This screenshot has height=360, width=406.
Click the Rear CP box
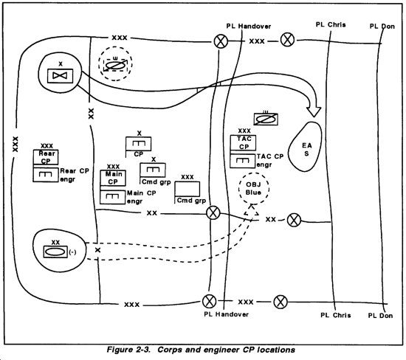pos(46,157)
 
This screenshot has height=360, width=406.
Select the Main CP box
pos(113,178)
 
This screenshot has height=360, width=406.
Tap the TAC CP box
pos(243,142)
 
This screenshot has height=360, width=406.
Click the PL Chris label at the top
pos(331,24)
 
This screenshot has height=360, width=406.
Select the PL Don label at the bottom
pos(380,316)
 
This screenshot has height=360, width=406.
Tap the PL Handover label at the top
pos(249,26)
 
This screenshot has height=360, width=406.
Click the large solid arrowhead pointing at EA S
pos(314,111)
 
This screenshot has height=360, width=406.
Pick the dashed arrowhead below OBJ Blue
pos(251,210)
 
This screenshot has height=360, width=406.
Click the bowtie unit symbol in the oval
pos(60,76)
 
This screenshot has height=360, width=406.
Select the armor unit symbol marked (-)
pos(55,252)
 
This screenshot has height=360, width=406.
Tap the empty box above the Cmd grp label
pos(187,189)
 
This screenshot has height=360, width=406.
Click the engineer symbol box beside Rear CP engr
pos(46,175)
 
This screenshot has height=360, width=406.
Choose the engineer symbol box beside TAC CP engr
pos(243,161)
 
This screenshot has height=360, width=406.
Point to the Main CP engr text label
pos(142,197)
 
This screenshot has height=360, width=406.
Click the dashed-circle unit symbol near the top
pos(115,64)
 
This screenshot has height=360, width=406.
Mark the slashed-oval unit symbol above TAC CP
pos(266,120)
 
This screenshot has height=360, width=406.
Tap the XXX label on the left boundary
pos(16,144)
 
